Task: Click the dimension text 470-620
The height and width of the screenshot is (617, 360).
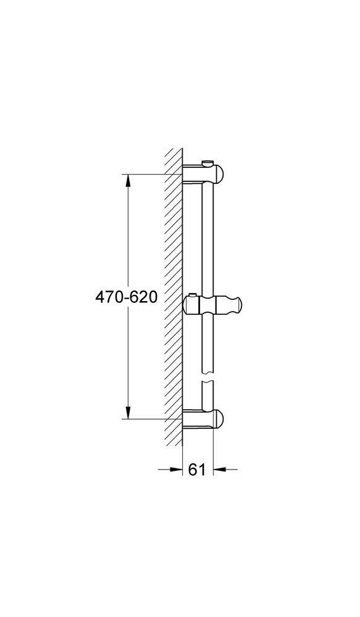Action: coord(126,297)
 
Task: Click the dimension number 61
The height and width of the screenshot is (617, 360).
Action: coord(196,470)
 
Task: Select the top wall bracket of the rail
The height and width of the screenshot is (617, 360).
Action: coord(204,173)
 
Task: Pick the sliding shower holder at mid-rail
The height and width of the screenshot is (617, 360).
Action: coord(213,305)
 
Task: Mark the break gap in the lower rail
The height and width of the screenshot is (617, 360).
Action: coord(207,378)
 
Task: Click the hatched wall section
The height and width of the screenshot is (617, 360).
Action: coord(173,296)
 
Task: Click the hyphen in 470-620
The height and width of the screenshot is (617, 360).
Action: coord(126,298)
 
